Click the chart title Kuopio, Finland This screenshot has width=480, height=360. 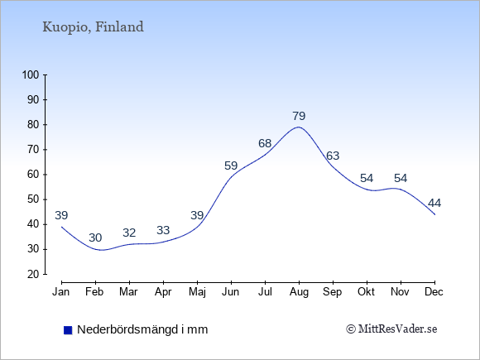click(x=93, y=26)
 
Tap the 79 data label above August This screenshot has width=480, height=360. click(x=299, y=116)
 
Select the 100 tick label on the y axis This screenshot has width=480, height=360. click(x=31, y=74)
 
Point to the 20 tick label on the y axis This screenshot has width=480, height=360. click(x=33, y=274)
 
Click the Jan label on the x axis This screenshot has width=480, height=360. click(x=60, y=292)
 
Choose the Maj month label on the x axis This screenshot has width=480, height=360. click(x=197, y=292)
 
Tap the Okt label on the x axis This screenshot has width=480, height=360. click(x=366, y=292)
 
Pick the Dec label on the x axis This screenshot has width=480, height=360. click(x=434, y=292)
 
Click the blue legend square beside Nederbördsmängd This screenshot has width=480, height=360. click(x=68, y=330)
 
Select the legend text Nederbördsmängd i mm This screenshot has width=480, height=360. click(x=142, y=329)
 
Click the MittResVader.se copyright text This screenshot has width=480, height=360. click(x=391, y=329)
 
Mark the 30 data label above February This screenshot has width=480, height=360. click(x=95, y=238)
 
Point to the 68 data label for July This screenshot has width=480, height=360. click(x=265, y=143)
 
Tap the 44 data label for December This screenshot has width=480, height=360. click(x=434, y=203)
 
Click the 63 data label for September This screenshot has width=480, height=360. click(x=333, y=156)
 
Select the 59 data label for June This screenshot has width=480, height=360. click(x=231, y=166)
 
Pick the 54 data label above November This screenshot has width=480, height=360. click(x=401, y=178)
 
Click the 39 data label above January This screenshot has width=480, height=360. click(x=61, y=215)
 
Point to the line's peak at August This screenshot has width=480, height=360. click(x=299, y=127)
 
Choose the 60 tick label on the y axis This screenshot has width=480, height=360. click(x=33, y=175)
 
